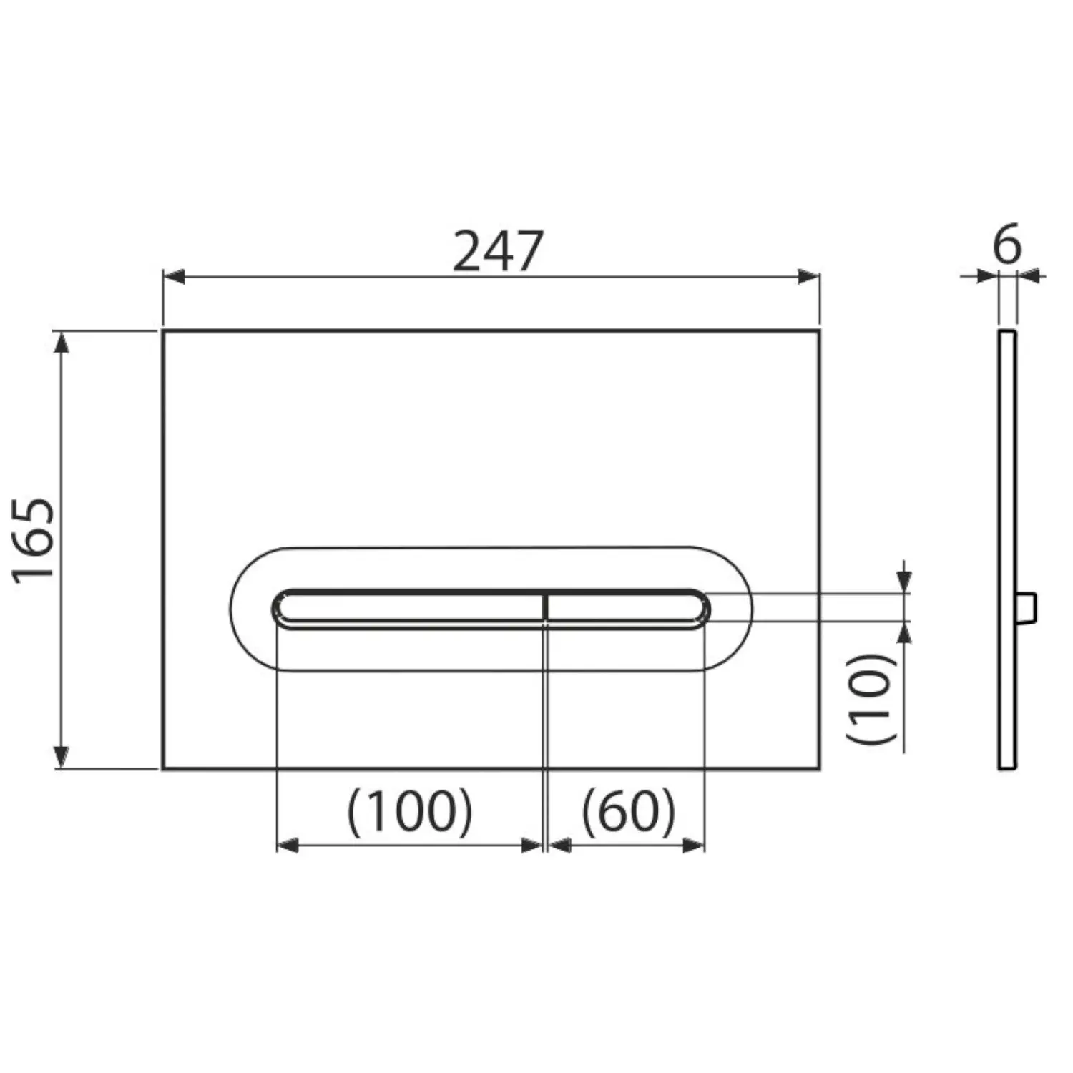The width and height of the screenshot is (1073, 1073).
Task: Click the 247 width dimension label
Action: coord(499,251)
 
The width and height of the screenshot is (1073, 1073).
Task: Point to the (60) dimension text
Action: coord(628,813)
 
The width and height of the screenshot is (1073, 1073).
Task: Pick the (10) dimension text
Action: coord(871,699)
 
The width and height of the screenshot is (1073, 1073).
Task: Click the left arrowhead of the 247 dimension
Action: coord(174,277)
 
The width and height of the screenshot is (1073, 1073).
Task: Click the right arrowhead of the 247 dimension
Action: coord(809,277)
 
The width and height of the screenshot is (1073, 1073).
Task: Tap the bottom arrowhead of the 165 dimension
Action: coord(62,758)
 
